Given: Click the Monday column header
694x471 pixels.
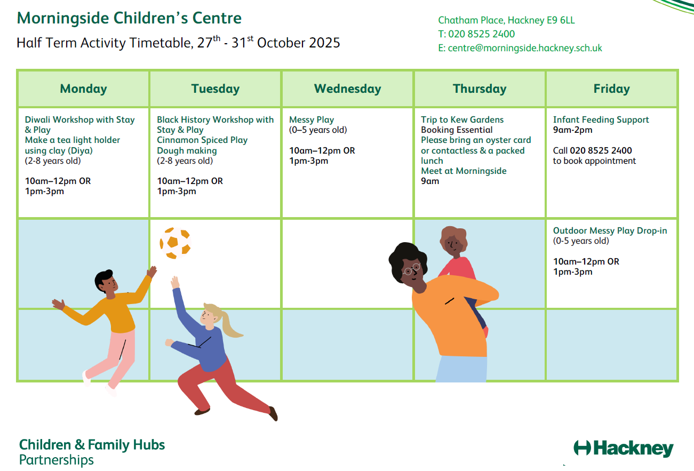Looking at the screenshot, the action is tap(83, 89).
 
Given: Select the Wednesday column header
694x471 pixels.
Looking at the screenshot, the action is tap(347, 89).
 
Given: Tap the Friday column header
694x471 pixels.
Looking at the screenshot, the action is tap(612, 89).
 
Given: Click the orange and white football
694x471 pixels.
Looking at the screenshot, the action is tap(175, 243).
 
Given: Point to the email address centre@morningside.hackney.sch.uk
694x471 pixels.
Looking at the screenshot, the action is tap(525, 48).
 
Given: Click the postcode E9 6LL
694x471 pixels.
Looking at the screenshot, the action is tap(561, 20).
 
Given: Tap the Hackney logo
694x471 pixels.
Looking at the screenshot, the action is tap(624, 449).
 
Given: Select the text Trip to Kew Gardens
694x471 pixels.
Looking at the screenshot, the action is tap(462, 119).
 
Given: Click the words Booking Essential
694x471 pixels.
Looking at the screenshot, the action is tap(457, 130).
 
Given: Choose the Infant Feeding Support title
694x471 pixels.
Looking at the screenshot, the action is tap(601, 119).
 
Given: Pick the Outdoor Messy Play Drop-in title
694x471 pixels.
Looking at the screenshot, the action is tap(610, 230).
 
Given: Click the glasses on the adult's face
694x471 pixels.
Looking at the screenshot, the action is tap(412, 269).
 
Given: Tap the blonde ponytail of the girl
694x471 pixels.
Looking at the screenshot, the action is tap(229, 322).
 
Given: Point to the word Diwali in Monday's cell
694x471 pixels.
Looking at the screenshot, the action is tap(37, 119).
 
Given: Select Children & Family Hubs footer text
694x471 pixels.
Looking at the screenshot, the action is tap(92, 445).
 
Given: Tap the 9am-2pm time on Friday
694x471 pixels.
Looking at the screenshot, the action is tap(572, 130).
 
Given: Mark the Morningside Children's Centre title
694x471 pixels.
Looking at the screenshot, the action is tap(129, 18).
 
